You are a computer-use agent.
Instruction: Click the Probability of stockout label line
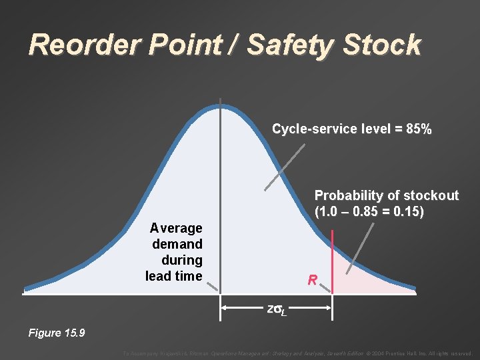(x=386, y=195)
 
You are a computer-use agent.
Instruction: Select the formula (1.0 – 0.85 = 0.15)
(x=369, y=213)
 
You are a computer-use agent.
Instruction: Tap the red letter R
(x=312, y=280)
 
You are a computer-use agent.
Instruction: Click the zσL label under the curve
(x=276, y=309)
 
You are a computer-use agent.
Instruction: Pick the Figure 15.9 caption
(x=56, y=333)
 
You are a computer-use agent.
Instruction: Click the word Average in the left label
(x=176, y=228)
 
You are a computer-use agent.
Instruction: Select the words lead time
(x=173, y=275)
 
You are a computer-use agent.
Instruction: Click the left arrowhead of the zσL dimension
(x=225, y=308)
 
